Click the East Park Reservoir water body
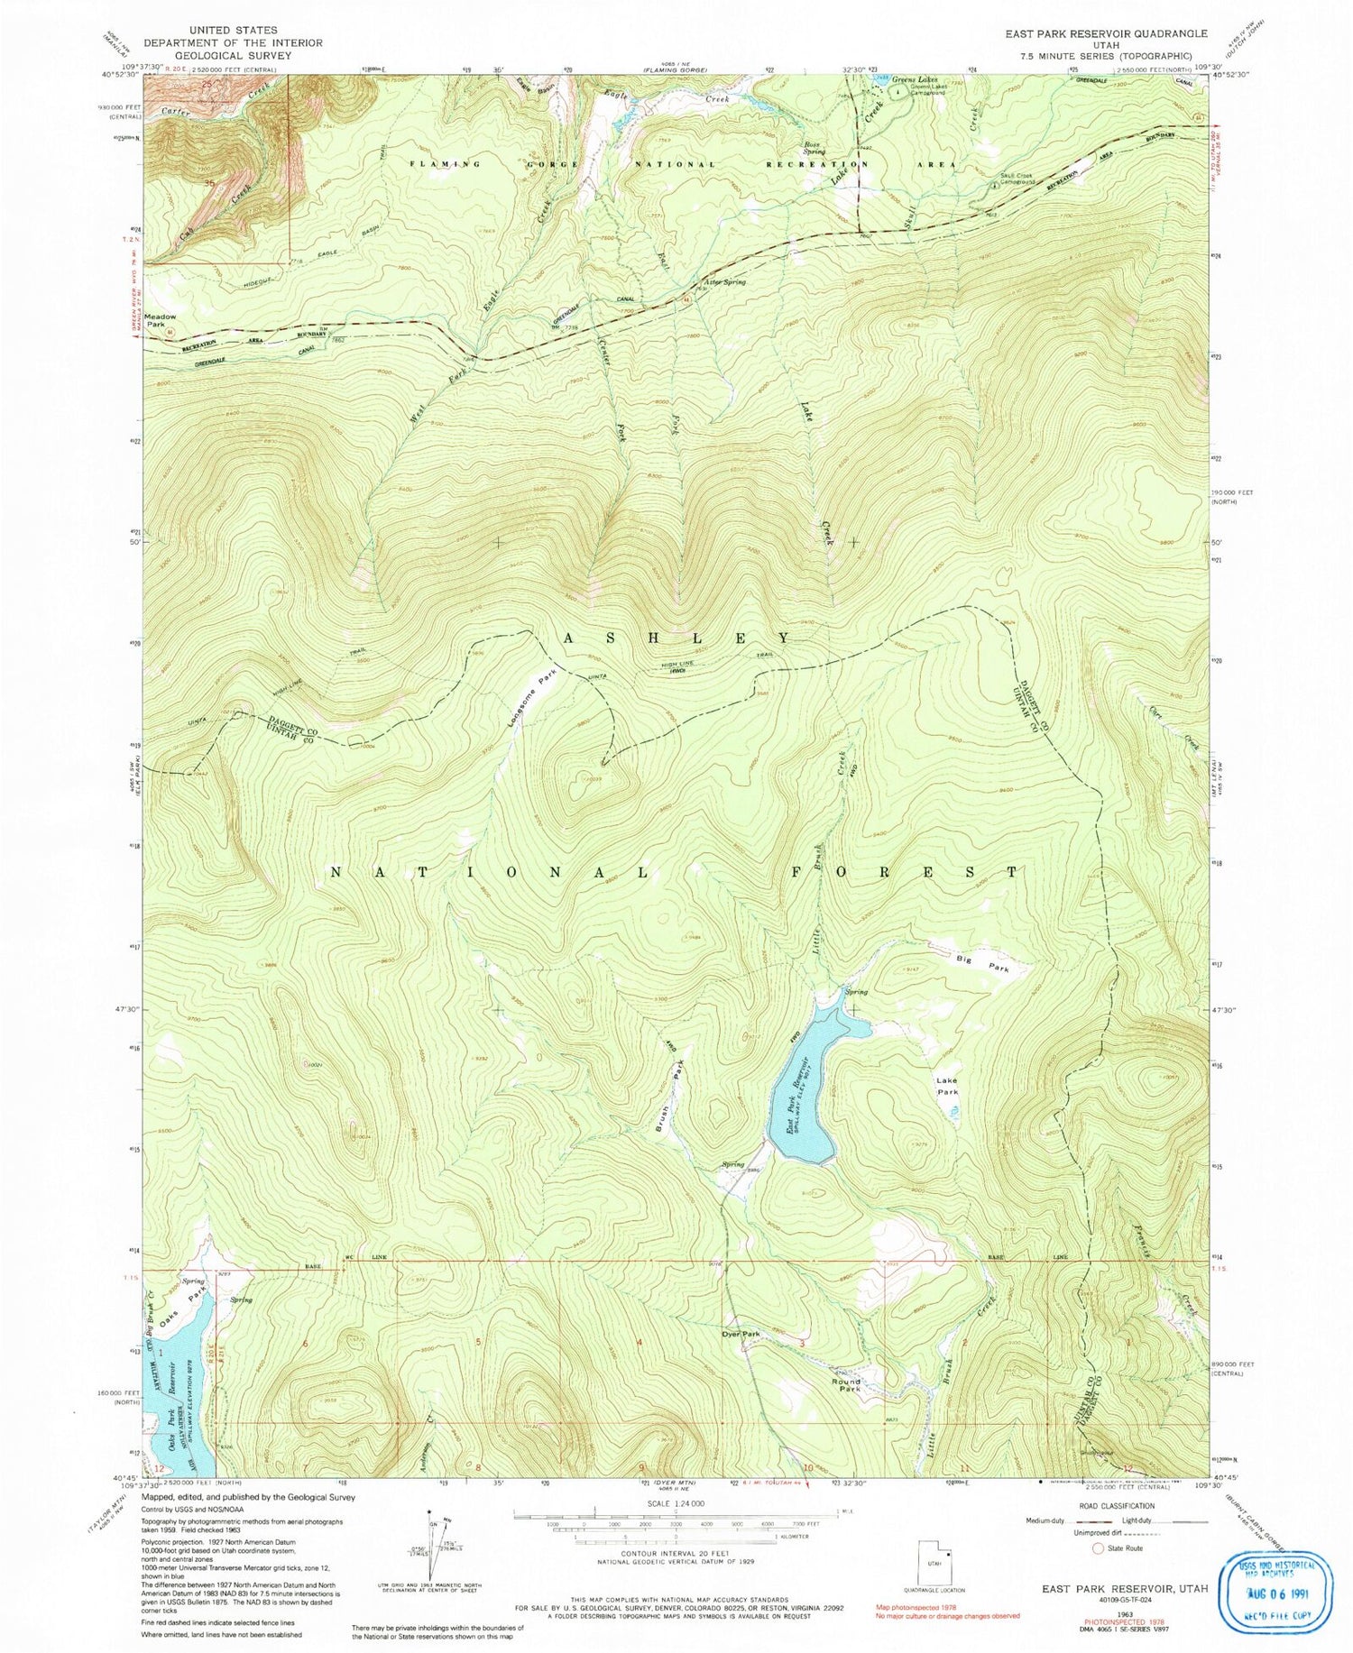coord(805,1082)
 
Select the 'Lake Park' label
coord(947,1086)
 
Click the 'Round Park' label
coord(846,1385)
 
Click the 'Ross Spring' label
coord(815,149)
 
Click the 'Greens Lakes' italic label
coord(916,79)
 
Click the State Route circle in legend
coord(1098,1548)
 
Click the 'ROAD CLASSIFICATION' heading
coord(1116,1505)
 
